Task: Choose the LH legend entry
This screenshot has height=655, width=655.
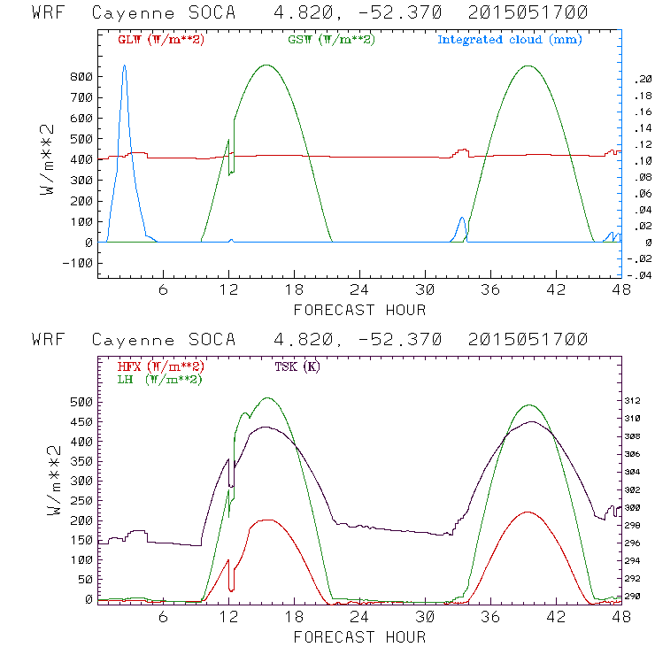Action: click(159, 379)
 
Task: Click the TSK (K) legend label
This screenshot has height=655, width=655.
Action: click(297, 366)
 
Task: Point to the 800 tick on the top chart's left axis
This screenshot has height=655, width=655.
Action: click(81, 77)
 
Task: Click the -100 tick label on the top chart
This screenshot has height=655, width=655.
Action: click(78, 263)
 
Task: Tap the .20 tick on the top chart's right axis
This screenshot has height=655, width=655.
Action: click(642, 80)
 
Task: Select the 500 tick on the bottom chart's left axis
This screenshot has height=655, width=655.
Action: click(81, 401)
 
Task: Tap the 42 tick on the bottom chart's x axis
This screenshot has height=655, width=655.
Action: click(556, 617)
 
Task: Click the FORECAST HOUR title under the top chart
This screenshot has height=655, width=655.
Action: click(359, 310)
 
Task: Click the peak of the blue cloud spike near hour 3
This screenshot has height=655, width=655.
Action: click(124, 65)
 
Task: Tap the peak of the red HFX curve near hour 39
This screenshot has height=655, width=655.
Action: click(528, 512)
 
